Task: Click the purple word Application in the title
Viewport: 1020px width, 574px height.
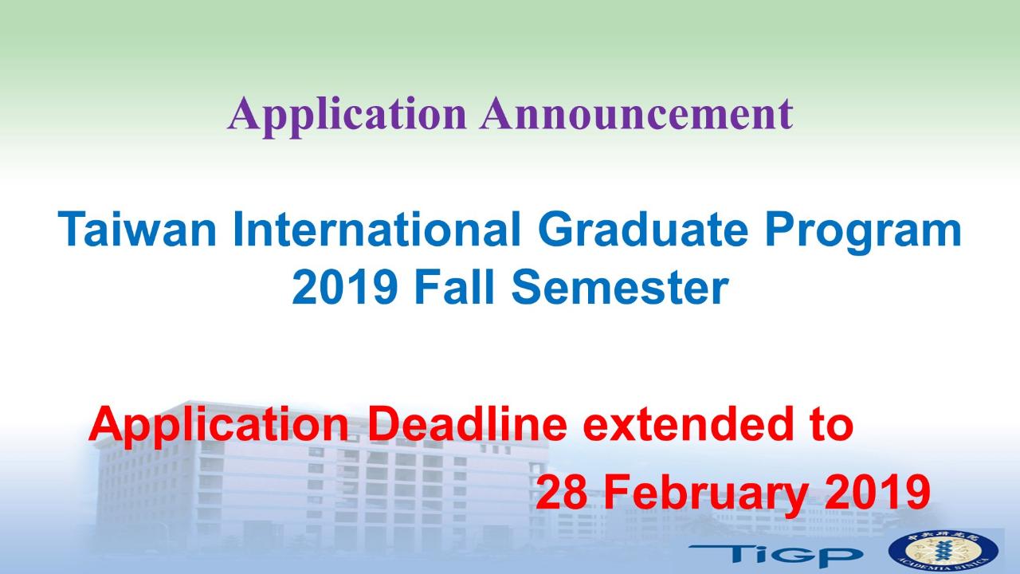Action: coord(347,116)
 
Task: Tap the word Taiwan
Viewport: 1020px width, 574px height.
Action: coord(137,229)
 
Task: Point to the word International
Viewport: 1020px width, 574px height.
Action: coord(376,229)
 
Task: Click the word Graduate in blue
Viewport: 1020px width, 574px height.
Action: coord(643,229)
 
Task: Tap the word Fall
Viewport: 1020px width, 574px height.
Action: coord(454,288)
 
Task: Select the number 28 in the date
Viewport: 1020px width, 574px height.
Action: coord(562,492)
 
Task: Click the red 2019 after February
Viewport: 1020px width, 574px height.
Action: coord(878,492)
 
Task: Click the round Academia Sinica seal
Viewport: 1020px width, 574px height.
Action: coord(943,552)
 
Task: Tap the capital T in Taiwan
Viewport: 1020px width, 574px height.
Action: coord(72,229)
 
